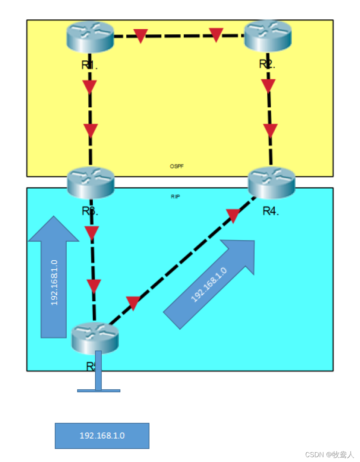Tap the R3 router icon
(x=91, y=182)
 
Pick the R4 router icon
(x=272, y=182)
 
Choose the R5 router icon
(x=95, y=337)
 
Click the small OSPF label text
(x=177, y=166)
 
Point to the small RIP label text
(x=175, y=197)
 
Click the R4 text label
(x=271, y=211)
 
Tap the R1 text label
(x=89, y=66)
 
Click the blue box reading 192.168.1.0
(x=102, y=436)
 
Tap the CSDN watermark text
(x=329, y=455)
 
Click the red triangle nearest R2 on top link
(x=216, y=34)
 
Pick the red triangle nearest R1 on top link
(x=140, y=35)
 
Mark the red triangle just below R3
(x=92, y=232)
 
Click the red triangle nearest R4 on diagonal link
(x=233, y=215)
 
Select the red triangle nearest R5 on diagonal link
(x=133, y=302)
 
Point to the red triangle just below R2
(x=268, y=85)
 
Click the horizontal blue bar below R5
(x=99, y=390)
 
